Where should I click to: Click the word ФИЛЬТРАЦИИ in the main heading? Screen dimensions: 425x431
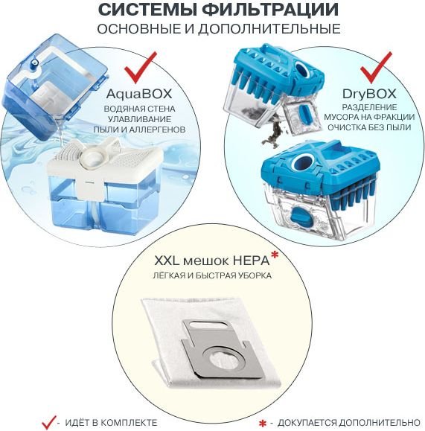point(270,10)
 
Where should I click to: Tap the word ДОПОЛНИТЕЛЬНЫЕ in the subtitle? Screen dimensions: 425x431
point(269,29)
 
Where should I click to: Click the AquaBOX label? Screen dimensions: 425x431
point(139,94)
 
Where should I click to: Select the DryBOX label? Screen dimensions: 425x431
point(369,94)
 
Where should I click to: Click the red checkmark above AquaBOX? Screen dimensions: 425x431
point(140,68)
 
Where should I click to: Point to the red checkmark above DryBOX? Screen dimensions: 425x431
point(376,68)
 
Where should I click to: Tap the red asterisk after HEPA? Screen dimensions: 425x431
point(275,255)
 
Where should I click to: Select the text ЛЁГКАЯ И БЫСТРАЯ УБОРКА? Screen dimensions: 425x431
point(212,275)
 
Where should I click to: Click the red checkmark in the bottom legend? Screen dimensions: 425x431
point(48,422)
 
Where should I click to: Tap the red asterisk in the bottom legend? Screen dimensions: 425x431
point(263,424)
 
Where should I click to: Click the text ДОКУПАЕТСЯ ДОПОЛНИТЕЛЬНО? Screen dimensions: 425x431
point(348,422)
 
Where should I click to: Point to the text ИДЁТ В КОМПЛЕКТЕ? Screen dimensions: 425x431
point(111,422)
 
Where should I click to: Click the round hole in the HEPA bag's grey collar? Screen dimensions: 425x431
point(223,360)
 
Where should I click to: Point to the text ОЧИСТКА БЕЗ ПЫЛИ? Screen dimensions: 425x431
point(369,128)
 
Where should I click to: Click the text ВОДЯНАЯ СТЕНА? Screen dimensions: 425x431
point(139,109)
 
